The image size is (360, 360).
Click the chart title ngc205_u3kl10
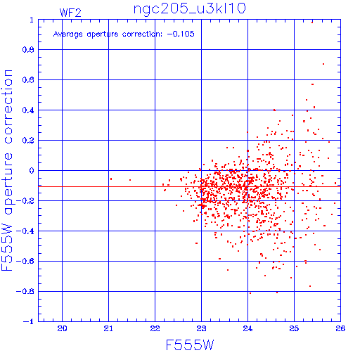tap(189, 9)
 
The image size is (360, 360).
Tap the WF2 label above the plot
tap(70, 13)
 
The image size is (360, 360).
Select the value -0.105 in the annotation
tap(181, 34)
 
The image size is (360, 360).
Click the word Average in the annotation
tap(68, 34)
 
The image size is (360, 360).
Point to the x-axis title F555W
tap(190, 345)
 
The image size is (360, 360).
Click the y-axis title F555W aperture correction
tap(7, 170)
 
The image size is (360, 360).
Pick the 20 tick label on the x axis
tap(62, 328)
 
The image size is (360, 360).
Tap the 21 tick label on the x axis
tap(108, 328)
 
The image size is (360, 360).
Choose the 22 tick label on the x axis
tap(155, 328)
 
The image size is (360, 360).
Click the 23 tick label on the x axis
tap(201, 328)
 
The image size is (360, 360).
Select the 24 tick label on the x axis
tap(247, 328)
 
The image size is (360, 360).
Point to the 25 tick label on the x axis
tap(294, 328)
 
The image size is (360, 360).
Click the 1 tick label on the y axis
tap(32, 20)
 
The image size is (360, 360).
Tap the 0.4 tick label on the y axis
tap(28, 110)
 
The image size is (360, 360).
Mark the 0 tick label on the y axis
tap(32, 170)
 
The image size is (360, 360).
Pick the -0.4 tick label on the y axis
tap(25, 231)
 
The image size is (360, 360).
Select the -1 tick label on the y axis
tap(28, 321)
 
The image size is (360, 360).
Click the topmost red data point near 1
tap(312, 22)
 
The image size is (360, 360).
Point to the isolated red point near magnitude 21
tap(111, 179)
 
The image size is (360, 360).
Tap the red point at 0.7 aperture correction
tap(323, 64)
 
